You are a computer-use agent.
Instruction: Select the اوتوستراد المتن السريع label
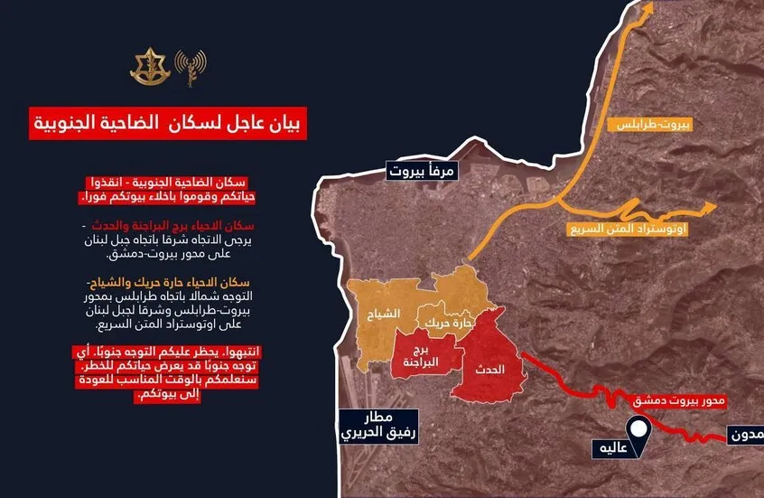coord(629,230)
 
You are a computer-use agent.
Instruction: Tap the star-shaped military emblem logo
coord(145,67)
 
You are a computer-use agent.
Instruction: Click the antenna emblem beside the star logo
coord(191,67)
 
